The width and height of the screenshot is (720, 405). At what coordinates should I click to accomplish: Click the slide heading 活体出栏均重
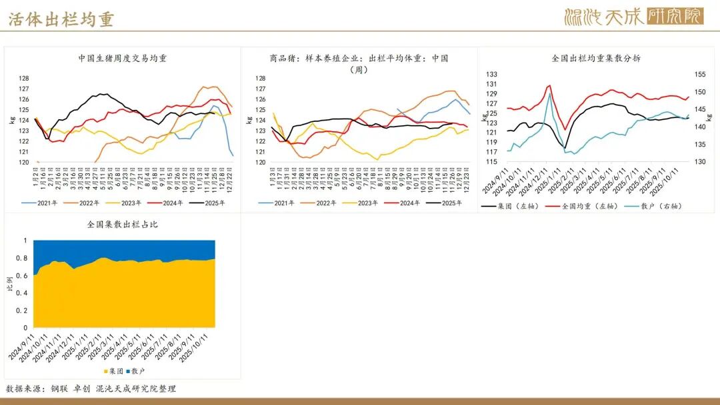[61, 19]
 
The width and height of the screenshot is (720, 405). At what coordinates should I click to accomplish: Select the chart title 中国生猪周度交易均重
[123, 58]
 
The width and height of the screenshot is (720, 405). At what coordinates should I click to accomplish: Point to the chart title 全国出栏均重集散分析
[597, 58]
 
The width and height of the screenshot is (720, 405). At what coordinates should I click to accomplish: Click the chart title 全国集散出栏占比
[123, 224]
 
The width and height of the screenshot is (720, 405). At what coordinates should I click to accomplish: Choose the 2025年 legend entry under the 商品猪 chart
[448, 203]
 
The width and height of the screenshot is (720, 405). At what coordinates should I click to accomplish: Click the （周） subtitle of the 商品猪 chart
[359, 69]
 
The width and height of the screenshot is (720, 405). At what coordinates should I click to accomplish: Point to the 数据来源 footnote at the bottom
[91, 388]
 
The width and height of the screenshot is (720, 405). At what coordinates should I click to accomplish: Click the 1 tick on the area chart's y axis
[26, 240]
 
